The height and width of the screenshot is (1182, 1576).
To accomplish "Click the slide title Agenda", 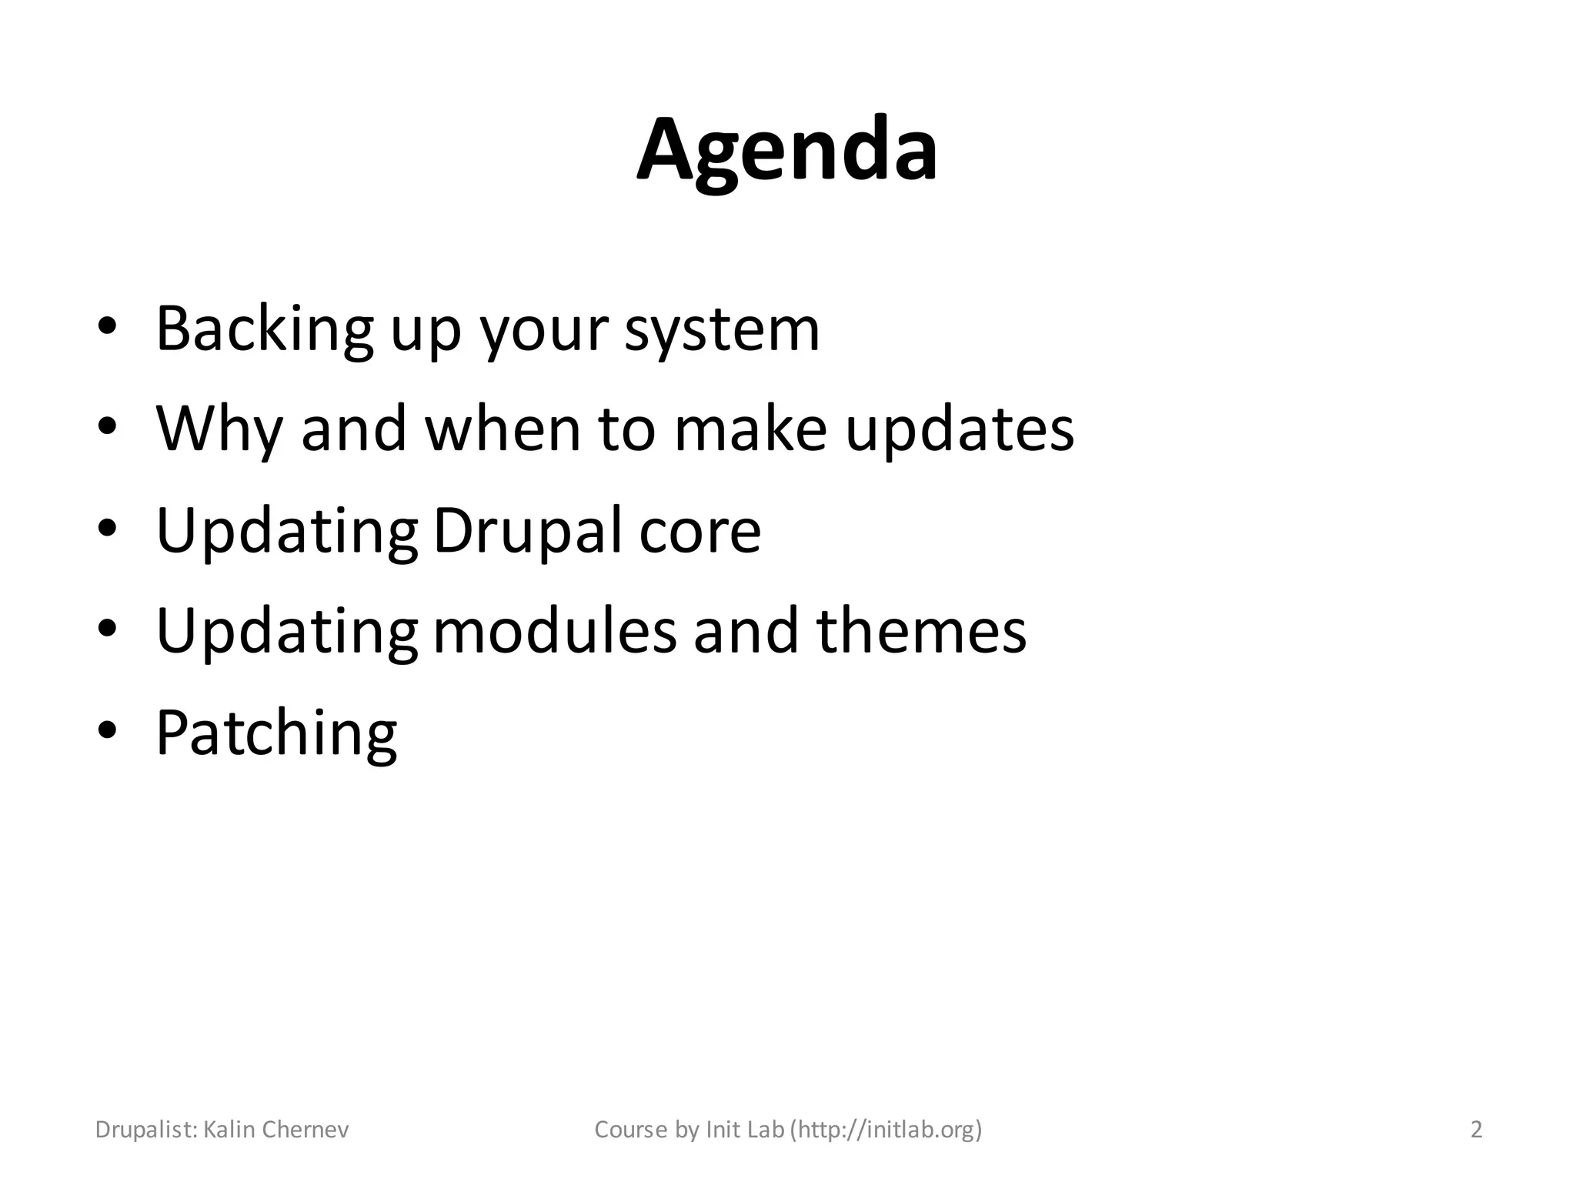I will [x=786, y=152].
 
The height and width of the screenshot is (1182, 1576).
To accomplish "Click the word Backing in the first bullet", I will [x=264, y=329].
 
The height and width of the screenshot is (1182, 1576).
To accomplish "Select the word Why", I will [x=219, y=430].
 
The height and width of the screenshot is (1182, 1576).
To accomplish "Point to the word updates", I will [x=959, y=430].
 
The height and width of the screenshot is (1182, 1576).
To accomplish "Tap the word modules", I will [x=555, y=632].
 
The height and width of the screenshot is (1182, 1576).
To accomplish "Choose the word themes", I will [x=920, y=632].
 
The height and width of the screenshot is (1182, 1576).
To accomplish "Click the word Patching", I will [x=276, y=734].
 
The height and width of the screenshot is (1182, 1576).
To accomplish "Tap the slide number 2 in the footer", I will [x=1476, y=1130].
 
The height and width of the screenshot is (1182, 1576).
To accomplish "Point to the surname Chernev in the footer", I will [x=306, y=1130].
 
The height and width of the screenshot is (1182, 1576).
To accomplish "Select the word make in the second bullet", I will [x=750, y=430].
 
